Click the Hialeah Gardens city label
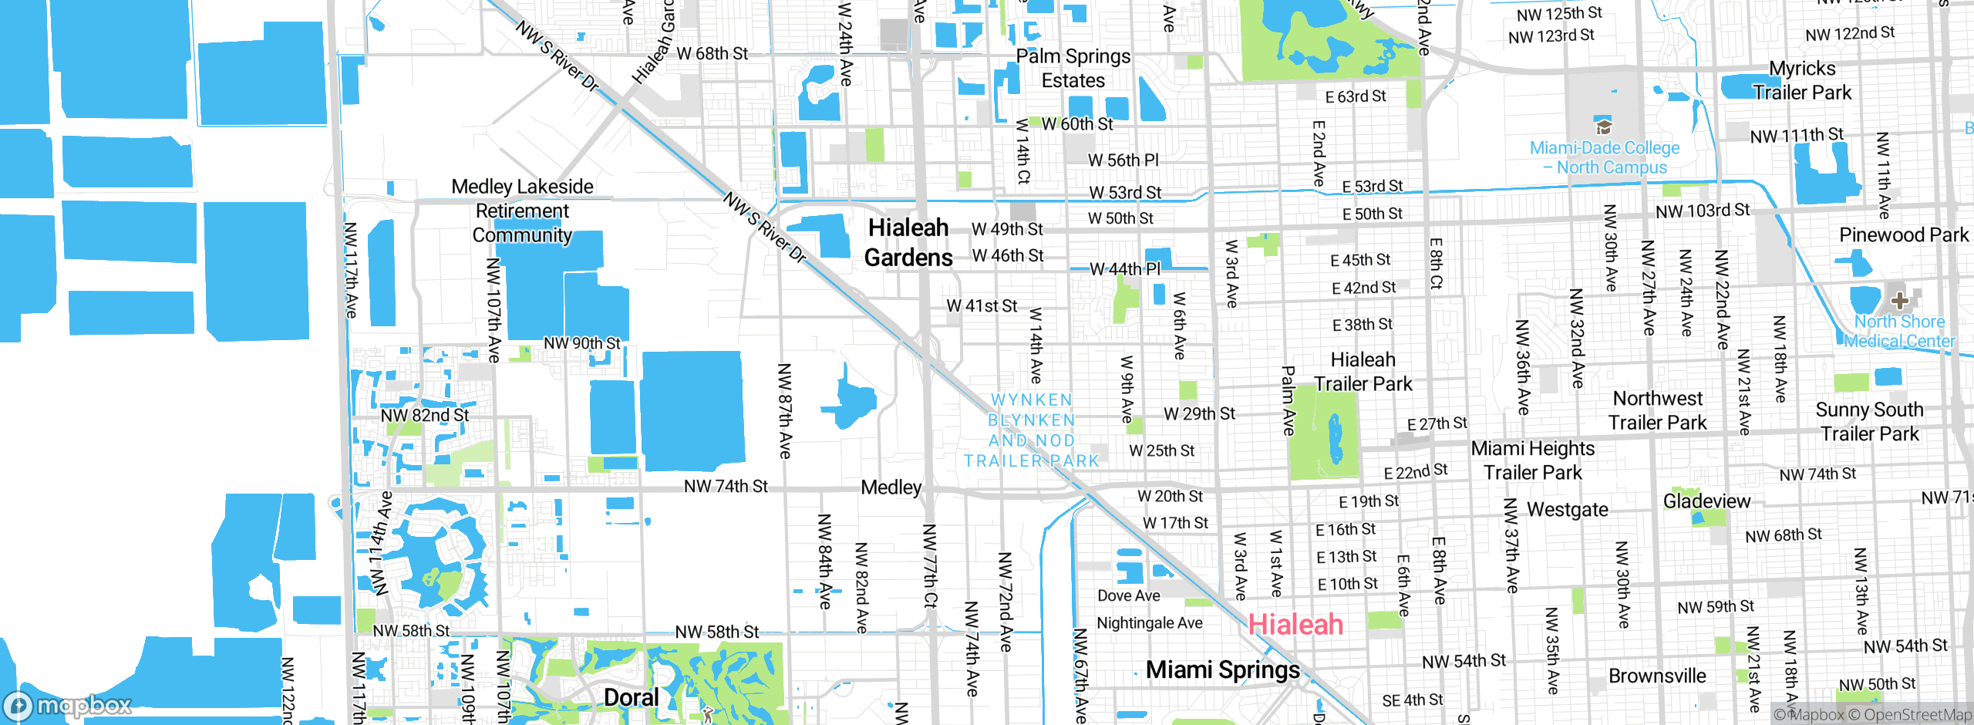pos(908,242)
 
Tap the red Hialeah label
pos(1295,624)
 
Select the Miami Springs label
pos(1222,669)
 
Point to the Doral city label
pos(631,697)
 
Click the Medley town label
pos(891,487)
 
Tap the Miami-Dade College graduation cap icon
pos(1604,126)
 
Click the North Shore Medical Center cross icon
pos(1899,300)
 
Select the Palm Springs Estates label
pos(1073,68)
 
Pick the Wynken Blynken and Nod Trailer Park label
pos(1032,430)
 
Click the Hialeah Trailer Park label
pos(1363,372)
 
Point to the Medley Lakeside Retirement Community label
pos(522,211)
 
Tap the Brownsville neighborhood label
pos(1657,676)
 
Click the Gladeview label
pos(1706,501)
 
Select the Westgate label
pos(1568,510)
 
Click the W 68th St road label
pos(712,54)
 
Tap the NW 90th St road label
pos(581,343)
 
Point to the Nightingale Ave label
pos(1149,623)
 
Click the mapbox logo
pos(68,705)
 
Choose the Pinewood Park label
pos(1903,234)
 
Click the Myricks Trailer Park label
pos(1802,80)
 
